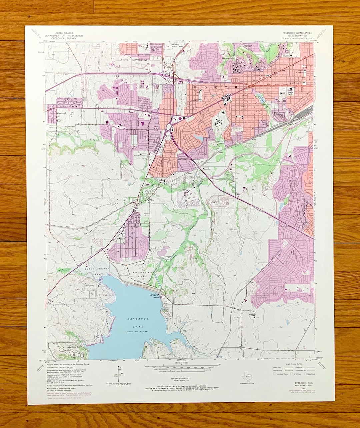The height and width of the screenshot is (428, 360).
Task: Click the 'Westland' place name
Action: coord(61,113)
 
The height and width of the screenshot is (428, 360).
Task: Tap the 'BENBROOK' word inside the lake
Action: coord(137,319)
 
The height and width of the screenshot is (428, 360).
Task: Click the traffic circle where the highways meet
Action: coord(169,127)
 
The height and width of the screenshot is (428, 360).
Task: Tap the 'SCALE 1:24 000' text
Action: coord(180,363)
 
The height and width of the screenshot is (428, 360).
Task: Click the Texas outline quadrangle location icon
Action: coord(247,378)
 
